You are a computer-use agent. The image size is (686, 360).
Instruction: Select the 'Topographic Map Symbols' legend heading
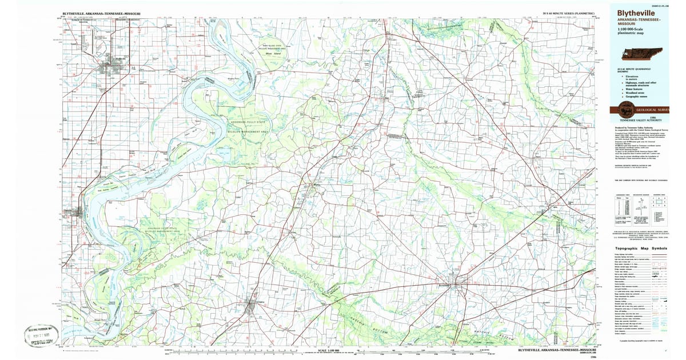pyautogui.click(x=641, y=249)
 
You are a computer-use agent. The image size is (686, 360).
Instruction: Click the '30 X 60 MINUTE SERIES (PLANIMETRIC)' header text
pyautogui.click(x=568, y=12)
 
